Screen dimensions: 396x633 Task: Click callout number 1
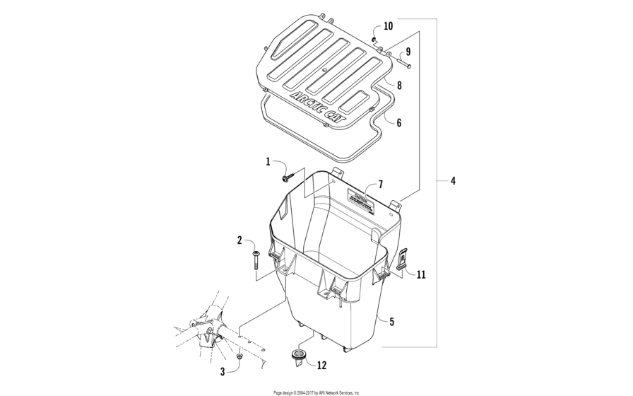pyautogui.click(x=268, y=162)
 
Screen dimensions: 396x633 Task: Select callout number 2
pyautogui.click(x=240, y=240)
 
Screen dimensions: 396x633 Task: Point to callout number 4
pyautogui.click(x=453, y=181)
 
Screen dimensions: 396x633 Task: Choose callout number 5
pyautogui.click(x=391, y=321)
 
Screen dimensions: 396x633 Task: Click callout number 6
pyautogui.click(x=398, y=122)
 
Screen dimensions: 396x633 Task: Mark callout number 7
pyautogui.click(x=380, y=185)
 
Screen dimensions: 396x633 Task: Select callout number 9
pyautogui.click(x=408, y=52)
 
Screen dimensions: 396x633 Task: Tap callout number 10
pyautogui.click(x=388, y=26)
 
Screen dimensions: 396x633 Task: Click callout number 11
pyautogui.click(x=420, y=274)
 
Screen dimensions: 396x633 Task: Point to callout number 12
pyautogui.click(x=321, y=365)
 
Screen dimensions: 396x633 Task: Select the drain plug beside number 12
pyautogui.click(x=298, y=355)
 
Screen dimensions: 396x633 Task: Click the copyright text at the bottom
pyautogui.click(x=316, y=392)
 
